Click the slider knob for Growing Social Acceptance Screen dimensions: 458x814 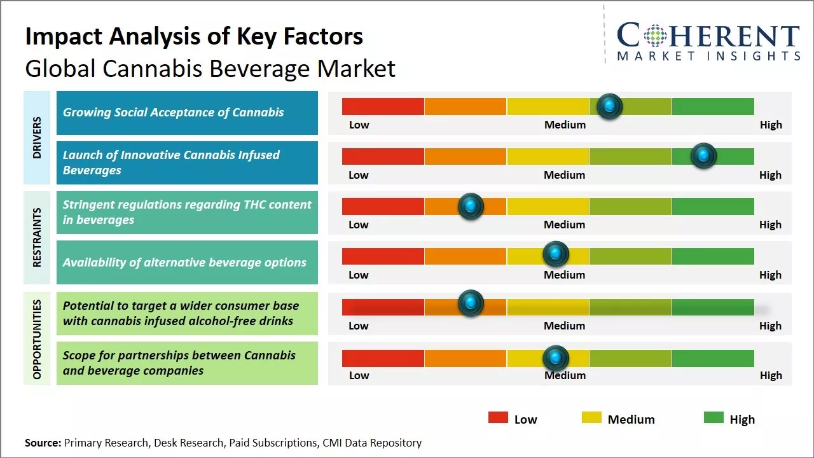[x=610, y=106]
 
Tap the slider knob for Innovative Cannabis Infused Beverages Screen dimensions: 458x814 [x=704, y=156]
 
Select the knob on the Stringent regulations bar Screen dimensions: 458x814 [x=471, y=206]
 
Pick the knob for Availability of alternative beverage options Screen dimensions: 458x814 [x=556, y=254]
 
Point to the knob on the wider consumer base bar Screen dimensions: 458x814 [x=471, y=303]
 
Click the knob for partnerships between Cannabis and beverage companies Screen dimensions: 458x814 [x=556, y=358]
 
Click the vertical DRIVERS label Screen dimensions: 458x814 [x=37, y=137]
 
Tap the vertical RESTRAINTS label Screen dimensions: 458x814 [x=37, y=237]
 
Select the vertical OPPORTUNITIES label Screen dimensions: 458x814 [x=37, y=339]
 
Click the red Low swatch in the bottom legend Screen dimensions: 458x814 [x=498, y=418]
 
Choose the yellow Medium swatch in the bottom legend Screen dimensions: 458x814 [x=591, y=418]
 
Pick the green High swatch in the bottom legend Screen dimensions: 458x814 [x=714, y=418]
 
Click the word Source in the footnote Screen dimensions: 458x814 [x=42, y=443]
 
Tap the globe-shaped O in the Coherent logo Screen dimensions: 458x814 [x=656, y=36]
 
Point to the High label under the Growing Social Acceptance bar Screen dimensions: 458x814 [x=771, y=125]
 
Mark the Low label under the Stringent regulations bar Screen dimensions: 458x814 [x=359, y=225]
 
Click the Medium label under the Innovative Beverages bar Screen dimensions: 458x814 [x=565, y=175]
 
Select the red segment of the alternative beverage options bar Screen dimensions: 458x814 [x=383, y=256]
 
